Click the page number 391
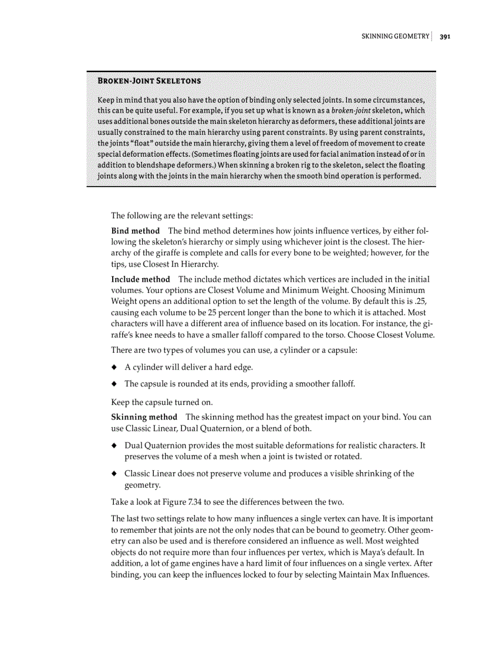444,36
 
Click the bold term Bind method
135,231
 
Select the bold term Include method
140,279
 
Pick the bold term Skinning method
144,417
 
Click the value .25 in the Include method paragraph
417,302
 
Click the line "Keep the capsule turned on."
161,403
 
